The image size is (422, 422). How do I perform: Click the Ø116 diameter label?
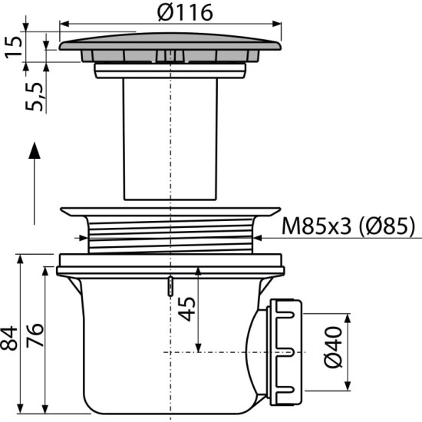point(185,13)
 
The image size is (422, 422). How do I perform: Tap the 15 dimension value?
point(13,47)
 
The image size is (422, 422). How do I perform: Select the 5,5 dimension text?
point(35,97)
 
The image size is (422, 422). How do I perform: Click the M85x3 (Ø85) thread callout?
point(348,226)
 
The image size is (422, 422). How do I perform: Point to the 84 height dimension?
point(8,338)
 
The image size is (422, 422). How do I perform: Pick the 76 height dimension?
point(35,335)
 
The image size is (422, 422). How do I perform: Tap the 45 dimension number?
point(186,309)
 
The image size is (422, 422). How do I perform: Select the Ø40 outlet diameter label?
point(334,347)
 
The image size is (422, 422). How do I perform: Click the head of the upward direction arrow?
point(35,150)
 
